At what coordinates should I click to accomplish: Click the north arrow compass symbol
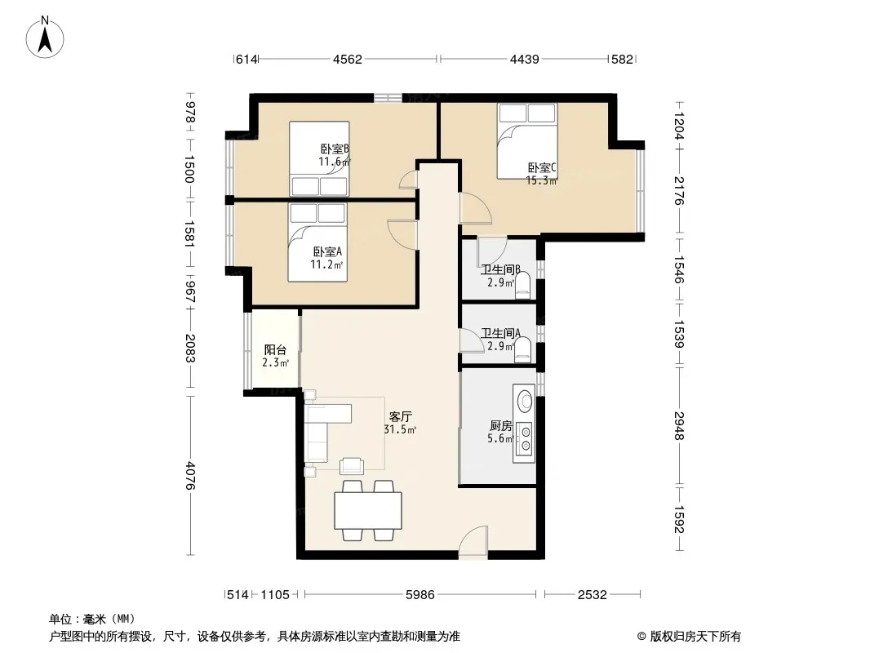tap(45, 38)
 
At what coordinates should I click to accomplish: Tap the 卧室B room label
tap(335, 149)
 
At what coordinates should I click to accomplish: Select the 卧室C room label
tap(542, 167)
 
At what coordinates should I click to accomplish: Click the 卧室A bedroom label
tap(327, 251)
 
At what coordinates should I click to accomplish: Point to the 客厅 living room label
tap(400, 416)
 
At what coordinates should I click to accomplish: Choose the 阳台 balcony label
tap(275, 350)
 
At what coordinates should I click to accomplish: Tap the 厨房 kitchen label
tap(500, 425)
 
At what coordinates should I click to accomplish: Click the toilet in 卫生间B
tap(523, 287)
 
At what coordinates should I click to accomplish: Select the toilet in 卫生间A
tap(522, 351)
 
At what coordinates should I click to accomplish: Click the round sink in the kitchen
tap(524, 400)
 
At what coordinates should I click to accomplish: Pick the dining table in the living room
tap(368, 510)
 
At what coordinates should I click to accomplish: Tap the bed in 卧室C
tap(527, 141)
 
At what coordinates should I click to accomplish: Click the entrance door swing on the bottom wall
tap(473, 540)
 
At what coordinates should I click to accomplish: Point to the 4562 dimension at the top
tap(348, 59)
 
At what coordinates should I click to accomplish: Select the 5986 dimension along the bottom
tap(420, 595)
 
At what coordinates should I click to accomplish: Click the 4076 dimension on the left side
tap(190, 475)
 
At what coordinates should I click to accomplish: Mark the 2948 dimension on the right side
tap(679, 426)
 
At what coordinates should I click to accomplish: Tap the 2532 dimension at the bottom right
tap(592, 595)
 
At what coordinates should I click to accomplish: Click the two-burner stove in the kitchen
tap(525, 438)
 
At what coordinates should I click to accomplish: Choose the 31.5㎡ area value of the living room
tap(400, 429)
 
